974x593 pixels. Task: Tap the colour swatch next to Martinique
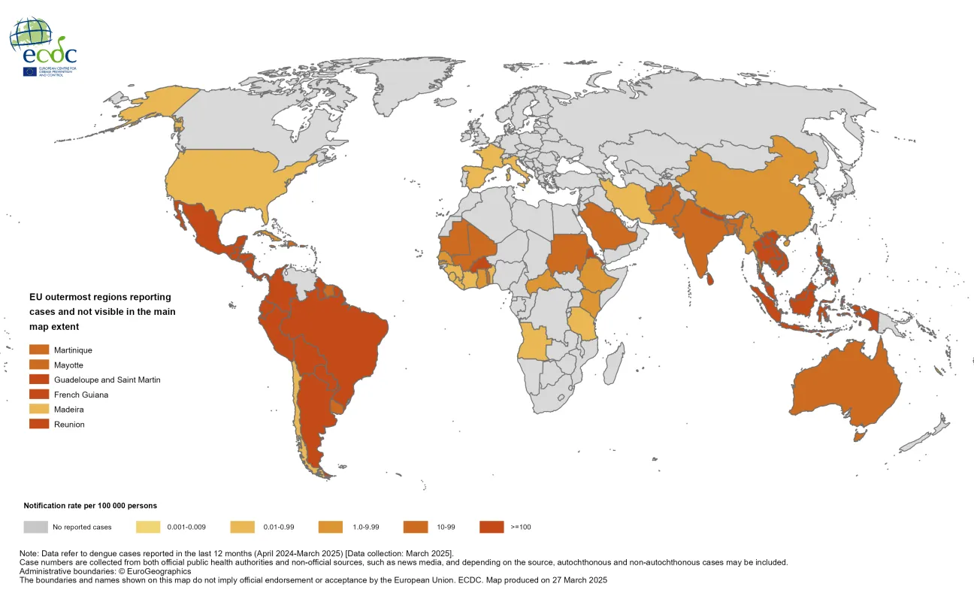pos(39,350)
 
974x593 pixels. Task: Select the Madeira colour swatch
pos(39,410)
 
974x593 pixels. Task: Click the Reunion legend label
pos(69,425)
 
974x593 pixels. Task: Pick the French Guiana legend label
pos(81,395)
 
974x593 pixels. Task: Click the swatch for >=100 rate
pos(492,527)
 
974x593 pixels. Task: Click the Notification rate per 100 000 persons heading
pos(90,506)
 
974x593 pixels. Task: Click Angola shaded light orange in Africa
pos(535,342)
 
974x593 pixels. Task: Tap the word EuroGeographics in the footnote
pos(155,571)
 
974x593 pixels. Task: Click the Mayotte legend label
pos(68,365)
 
